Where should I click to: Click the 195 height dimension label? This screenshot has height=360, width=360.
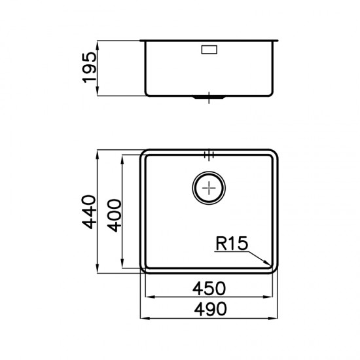pos(89,67)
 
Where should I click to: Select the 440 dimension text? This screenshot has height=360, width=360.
pos(89,212)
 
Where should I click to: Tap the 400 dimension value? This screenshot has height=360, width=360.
pos(114,215)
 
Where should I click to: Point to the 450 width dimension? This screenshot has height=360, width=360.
pos(209,289)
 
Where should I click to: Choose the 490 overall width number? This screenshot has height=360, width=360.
pos(210,309)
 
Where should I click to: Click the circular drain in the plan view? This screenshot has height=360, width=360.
pos(209,188)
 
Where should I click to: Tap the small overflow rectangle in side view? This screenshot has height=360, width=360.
pos(209,50)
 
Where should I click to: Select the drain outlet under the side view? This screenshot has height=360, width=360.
pos(209,98)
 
